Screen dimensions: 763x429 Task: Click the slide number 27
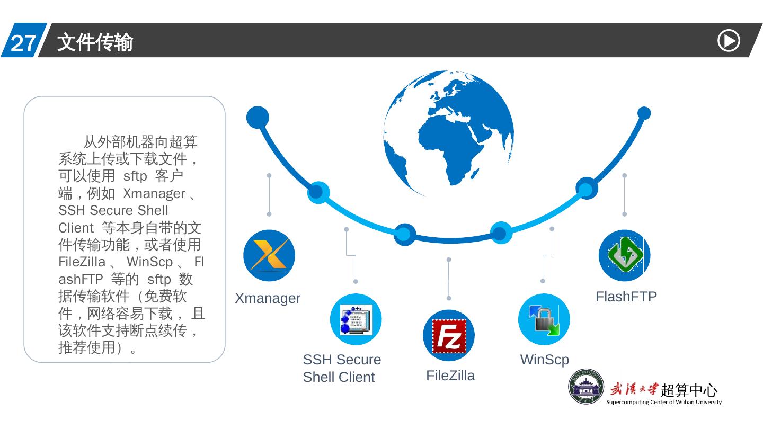[x=23, y=43]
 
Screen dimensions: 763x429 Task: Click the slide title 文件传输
[x=95, y=42]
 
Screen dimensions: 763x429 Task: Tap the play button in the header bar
[x=729, y=41]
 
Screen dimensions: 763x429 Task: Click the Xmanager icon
[x=269, y=255]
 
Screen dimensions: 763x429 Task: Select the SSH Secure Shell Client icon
[x=356, y=319]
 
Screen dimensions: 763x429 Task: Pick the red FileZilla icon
[x=449, y=336]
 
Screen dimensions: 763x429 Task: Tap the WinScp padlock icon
[x=544, y=319]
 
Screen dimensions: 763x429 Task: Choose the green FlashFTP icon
[x=624, y=255]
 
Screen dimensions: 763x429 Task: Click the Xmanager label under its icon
[x=268, y=298]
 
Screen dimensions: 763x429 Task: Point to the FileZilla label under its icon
[x=450, y=376]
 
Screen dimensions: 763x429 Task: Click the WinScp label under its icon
[x=544, y=360]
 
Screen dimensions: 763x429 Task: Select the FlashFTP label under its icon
[x=626, y=297]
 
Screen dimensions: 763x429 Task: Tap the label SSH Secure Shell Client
[x=341, y=368]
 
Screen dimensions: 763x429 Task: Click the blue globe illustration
[x=448, y=132]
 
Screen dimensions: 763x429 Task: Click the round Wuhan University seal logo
[x=586, y=386]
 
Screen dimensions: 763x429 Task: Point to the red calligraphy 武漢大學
[x=634, y=389]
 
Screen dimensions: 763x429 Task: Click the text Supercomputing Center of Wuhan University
[x=663, y=402]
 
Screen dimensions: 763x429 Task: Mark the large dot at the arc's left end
[x=258, y=117]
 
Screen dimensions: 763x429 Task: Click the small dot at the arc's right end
[x=644, y=113]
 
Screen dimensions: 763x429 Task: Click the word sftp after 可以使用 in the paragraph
[x=135, y=176]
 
